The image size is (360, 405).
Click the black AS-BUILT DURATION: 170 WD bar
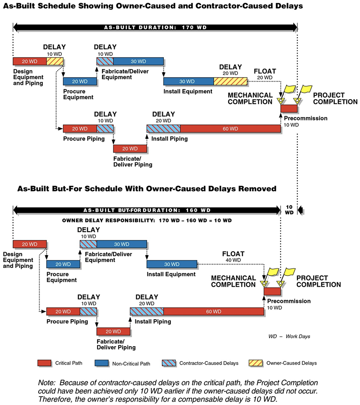pos(155,28)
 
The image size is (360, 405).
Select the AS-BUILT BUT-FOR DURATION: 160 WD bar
pos(147,210)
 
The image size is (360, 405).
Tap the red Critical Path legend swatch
pos(45,363)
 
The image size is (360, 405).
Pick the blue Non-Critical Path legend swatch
pos(102,363)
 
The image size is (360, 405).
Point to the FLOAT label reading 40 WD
pos(233,257)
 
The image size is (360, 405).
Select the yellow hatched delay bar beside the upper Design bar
pos(55,62)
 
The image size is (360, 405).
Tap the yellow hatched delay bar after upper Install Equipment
pos(230,81)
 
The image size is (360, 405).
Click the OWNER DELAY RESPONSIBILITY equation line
pos(147,220)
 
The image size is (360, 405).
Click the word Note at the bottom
pos(45,382)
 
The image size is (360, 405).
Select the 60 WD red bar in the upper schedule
pos(230,128)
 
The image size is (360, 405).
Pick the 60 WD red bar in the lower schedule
pos(213,311)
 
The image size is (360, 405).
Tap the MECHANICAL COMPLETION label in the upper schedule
pos(250,99)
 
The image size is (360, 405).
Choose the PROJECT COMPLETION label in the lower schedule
pos(318,281)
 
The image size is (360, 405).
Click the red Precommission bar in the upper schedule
pos(289,108)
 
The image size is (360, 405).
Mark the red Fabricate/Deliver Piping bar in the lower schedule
pos(113,331)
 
